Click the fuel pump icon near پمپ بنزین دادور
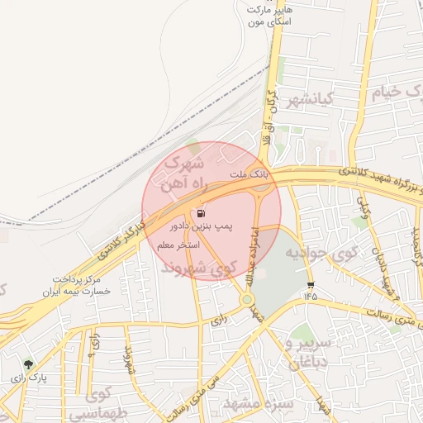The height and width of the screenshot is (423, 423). click(203, 212)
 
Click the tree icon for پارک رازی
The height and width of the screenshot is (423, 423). click(28, 364)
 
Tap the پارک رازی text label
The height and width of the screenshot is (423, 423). click(29, 378)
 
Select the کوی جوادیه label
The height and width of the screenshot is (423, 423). click(319, 251)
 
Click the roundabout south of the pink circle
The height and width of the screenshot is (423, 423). click(247, 299)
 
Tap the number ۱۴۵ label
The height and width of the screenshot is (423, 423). click(310, 294)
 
